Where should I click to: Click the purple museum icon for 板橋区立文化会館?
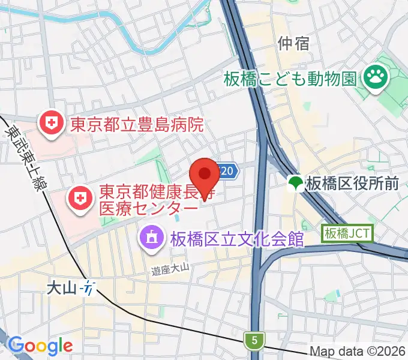(150, 238)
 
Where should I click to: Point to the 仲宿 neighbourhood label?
(293, 43)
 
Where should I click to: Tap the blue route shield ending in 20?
(226, 172)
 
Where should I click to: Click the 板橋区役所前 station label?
(352, 183)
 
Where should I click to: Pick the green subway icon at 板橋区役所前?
(295, 183)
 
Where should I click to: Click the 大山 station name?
(62, 288)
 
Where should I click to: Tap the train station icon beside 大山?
(88, 288)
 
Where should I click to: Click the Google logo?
(40, 346)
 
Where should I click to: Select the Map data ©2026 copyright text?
(358, 351)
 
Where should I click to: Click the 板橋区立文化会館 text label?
(236, 238)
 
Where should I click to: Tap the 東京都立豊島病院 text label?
(137, 125)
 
